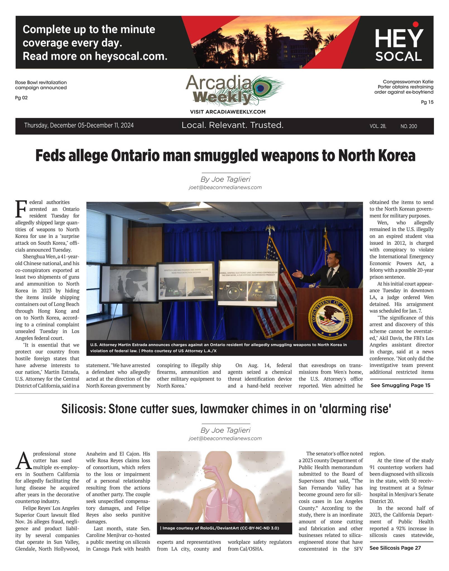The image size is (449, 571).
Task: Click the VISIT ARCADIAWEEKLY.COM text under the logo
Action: point(228,112)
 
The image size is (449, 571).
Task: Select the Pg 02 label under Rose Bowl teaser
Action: point(21,98)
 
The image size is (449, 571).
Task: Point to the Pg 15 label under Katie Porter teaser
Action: point(427,102)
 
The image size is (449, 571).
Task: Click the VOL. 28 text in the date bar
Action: point(378,126)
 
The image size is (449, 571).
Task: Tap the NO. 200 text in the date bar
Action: point(409,126)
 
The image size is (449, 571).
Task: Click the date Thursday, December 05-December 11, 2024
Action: point(79,125)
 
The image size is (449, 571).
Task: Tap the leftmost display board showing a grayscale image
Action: point(128,283)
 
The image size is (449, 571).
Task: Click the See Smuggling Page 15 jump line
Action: point(400,385)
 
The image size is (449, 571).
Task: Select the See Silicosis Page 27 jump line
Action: point(395,548)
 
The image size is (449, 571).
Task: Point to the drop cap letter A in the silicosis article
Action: point(23,461)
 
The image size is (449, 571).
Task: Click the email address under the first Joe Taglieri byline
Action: point(225,187)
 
